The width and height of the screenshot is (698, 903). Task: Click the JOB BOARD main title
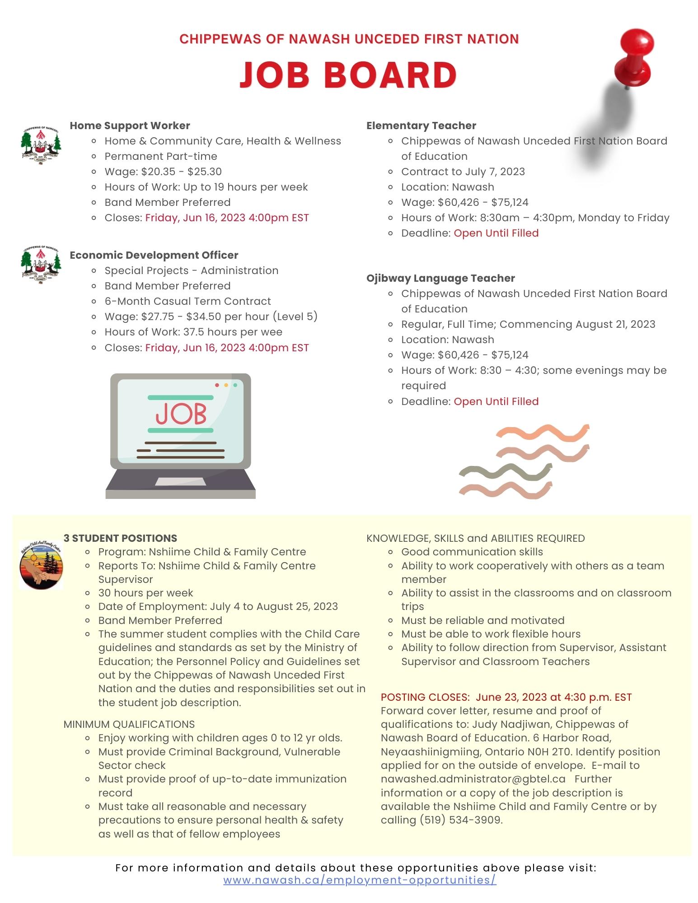point(348,74)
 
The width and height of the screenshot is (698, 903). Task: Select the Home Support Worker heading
point(130,126)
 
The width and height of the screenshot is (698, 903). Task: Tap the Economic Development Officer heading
point(154,255)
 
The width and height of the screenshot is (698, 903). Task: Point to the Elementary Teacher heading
point(421,126)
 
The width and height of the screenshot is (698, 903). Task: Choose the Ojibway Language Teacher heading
point(440,278)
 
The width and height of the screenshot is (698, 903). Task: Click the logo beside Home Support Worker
point(41,144)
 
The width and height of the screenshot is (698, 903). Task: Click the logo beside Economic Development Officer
point(41,264)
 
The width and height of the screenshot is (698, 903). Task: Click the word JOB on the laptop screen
point(181,414)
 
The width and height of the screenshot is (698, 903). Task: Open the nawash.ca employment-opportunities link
point(360,880)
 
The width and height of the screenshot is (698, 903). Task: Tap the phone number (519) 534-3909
point(441,820)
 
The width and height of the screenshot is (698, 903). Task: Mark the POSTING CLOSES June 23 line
point(506,697)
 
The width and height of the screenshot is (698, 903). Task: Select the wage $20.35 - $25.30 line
point(163,172)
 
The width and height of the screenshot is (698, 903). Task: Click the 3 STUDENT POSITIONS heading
point(120,538)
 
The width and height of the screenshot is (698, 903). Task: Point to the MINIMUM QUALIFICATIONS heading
point(129,724)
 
